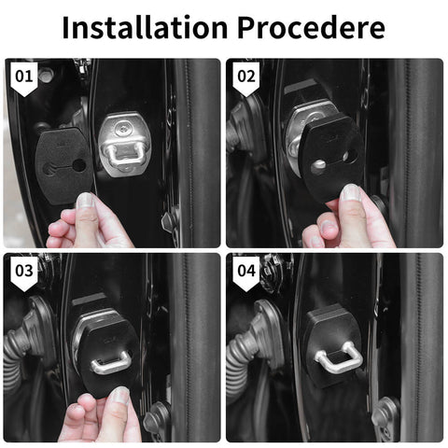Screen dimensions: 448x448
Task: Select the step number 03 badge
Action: tap(22, 272)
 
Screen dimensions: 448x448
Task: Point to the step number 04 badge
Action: tap(245, 272)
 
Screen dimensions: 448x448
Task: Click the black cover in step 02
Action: tap(330, 159)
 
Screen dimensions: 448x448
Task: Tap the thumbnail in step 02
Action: tap(350, 193)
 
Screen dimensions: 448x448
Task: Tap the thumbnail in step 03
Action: tap(118, 396)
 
